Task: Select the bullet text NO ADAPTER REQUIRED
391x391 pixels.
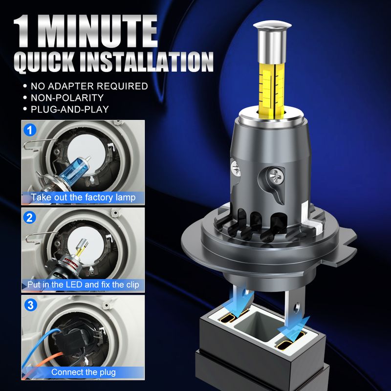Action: point(89,86)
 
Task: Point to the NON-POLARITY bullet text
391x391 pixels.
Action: point(67,97)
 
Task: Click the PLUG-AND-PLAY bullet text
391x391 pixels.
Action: point(70,109)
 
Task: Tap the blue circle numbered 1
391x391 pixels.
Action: point(30,130)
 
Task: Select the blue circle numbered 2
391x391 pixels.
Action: point(30,217)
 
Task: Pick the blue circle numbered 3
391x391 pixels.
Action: point(30,305)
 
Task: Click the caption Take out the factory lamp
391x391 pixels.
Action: point(83,197)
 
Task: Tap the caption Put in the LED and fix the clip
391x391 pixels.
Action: point(83,285)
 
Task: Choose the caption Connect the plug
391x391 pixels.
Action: point(84,372)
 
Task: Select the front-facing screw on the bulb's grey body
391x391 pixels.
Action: point(276,175)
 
